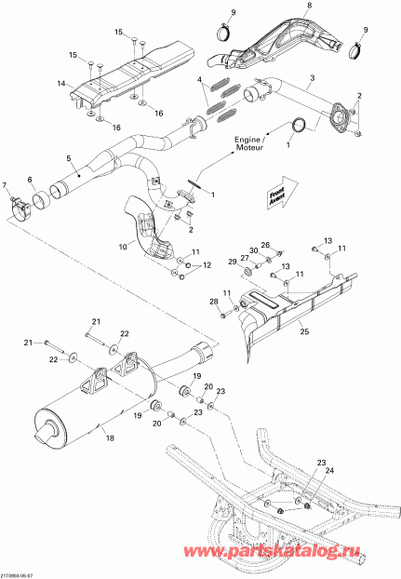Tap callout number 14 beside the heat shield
coord(60,84)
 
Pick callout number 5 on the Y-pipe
coord(29,180)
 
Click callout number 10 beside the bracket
coord(122,246)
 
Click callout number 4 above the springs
coord(200,83)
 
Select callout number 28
coord(213,302)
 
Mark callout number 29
coord(234,264)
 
